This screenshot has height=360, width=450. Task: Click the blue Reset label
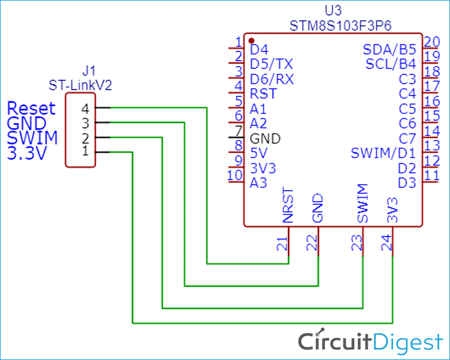[31, 109]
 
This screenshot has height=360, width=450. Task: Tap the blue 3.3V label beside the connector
[28, 153]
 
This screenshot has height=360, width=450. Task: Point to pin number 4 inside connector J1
[85, 109]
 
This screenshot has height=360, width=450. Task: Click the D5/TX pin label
[272, 64]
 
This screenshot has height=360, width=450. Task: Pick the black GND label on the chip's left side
[265, 139]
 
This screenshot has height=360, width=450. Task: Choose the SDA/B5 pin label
[389, 49]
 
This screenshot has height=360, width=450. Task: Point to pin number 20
[431, 42]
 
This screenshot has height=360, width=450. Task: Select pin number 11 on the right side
[431, 176]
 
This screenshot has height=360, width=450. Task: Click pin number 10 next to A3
[235, 176]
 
